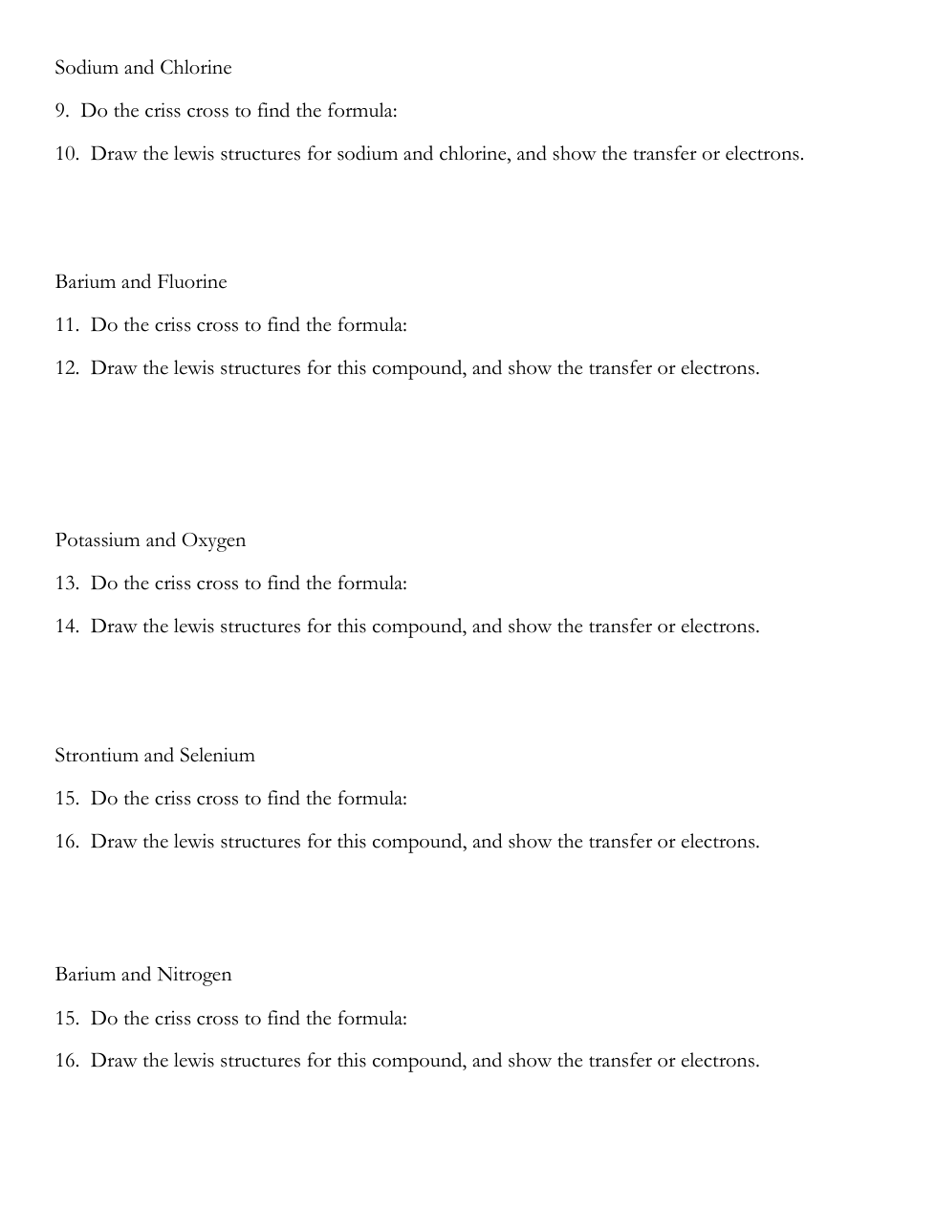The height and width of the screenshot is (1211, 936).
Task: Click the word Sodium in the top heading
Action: [x=86, y=68]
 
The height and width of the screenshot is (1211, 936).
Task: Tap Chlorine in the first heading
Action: [x=196, y=68]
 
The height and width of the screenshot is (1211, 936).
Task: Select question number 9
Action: [x=62, y=111]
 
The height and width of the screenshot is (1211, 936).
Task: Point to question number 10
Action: [x=67, y=154]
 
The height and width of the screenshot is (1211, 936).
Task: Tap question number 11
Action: [x=67, y=325]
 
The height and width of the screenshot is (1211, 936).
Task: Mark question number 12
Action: [x=67, y=368]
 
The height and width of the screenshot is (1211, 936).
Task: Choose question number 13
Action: [x=67, y=583]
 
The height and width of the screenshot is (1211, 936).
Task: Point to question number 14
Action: [x=67, y=627]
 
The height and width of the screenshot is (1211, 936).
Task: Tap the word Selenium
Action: [x=217, y=756]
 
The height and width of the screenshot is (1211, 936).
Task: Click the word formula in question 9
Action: [x=361, y=111]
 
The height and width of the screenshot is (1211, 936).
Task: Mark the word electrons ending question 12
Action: [x=719, y=368]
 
